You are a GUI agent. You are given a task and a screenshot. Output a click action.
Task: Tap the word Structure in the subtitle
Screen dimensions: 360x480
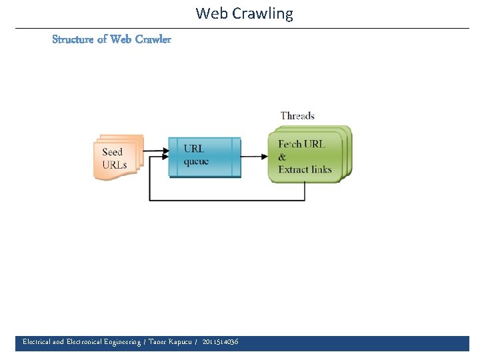coord(73,39)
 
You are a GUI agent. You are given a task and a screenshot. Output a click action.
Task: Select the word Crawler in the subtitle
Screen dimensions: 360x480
coord(153,39)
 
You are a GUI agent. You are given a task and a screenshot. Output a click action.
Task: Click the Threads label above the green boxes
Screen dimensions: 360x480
coord(297,116)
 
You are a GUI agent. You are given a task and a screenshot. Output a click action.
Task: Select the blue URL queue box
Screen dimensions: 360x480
coord(204,157)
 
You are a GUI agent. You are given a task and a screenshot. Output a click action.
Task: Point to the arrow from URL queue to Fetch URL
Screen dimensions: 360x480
coord(254,157)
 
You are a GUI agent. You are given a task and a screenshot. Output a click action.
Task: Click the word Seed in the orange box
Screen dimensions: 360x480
coord(113,152)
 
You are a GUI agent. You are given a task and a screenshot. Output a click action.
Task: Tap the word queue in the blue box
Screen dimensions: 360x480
coord(196,162)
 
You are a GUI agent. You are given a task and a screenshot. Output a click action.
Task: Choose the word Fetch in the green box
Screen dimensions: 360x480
coord(290,144)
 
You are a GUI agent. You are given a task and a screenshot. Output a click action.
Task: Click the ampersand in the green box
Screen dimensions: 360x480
coord(282,157)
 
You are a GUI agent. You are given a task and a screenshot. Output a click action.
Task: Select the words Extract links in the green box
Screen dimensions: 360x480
coord(305,169)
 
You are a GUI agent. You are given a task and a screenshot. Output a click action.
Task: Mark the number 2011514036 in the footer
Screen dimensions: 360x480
coord(220,342)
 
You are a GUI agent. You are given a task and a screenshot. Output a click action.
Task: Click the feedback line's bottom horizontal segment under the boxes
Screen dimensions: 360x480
coord(227,200)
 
